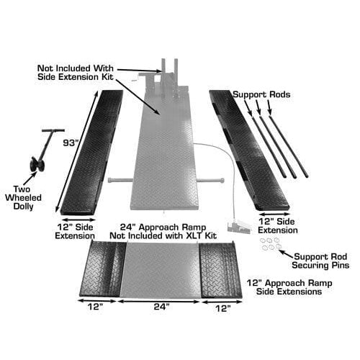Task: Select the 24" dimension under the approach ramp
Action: [163, 306]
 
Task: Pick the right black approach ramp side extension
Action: [220, 269]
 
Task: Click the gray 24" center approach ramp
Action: [163, 269]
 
